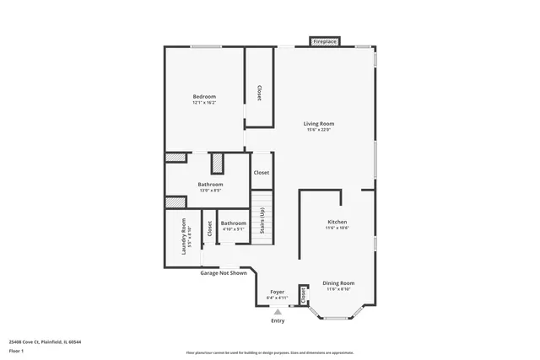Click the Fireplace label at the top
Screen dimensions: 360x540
coord(325,41)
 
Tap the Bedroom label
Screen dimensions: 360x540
coord(204,96)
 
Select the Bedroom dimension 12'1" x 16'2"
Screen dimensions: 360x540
coord(204,103)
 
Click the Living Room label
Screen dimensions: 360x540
coord(319,123)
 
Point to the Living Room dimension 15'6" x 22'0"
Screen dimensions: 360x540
coord(319,130)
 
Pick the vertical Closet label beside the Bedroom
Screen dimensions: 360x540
coord(259,93)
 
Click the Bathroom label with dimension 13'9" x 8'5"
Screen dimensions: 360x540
coord(210,184)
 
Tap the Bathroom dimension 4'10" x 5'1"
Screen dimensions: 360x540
coord(233,229)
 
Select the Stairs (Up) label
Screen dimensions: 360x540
coord(263,223)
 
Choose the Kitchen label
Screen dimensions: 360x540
coord(337,222)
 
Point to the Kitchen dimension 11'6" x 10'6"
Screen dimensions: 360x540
coord(337,228)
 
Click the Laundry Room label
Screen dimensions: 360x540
coord(184,236)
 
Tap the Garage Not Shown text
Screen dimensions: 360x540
coord(224,273)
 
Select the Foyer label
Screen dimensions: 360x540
coord(278,291)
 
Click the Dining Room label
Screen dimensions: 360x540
coord(339,282)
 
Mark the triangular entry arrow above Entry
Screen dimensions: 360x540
coord(278,311)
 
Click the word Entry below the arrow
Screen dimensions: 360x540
coord(278,320)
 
